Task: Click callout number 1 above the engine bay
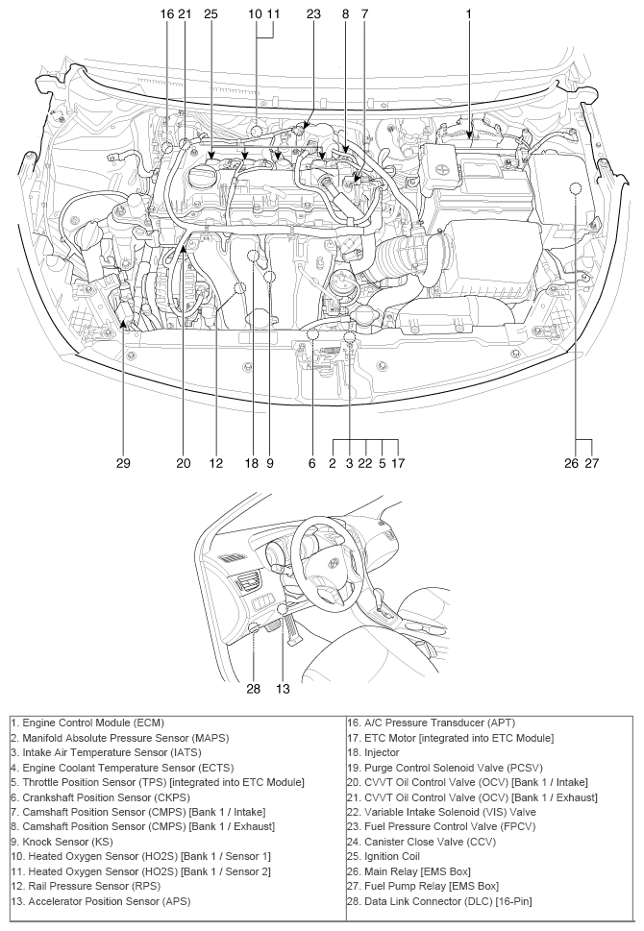tap(468, 14)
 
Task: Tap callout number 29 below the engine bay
tap(124, 463)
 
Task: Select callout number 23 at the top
tap(313, 14)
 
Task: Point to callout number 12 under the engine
tap(216, 463)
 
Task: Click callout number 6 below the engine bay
tap(312, 463)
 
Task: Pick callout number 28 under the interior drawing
tap(252, 688)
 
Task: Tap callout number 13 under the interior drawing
tap(283, 688)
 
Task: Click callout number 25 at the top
tap(211, 14)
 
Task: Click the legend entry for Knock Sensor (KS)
tap(60, 844)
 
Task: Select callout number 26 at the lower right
tap(572, 463)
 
